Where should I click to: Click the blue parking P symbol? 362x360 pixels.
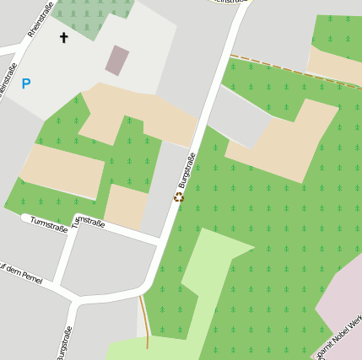[x=26, y=84]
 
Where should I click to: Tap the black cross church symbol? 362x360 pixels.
[x=63, y=37]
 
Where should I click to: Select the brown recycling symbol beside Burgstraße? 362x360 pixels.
[x=178, y=197]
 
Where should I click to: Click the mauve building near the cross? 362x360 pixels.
[x=117, y=60]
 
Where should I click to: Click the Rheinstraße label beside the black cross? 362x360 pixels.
[x=40, y=19]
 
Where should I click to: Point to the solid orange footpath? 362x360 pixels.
[x=145, y=320]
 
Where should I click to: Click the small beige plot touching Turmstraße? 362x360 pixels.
[x=127, y=207]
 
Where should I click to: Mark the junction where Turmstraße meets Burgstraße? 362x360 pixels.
[x=159, y=244]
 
